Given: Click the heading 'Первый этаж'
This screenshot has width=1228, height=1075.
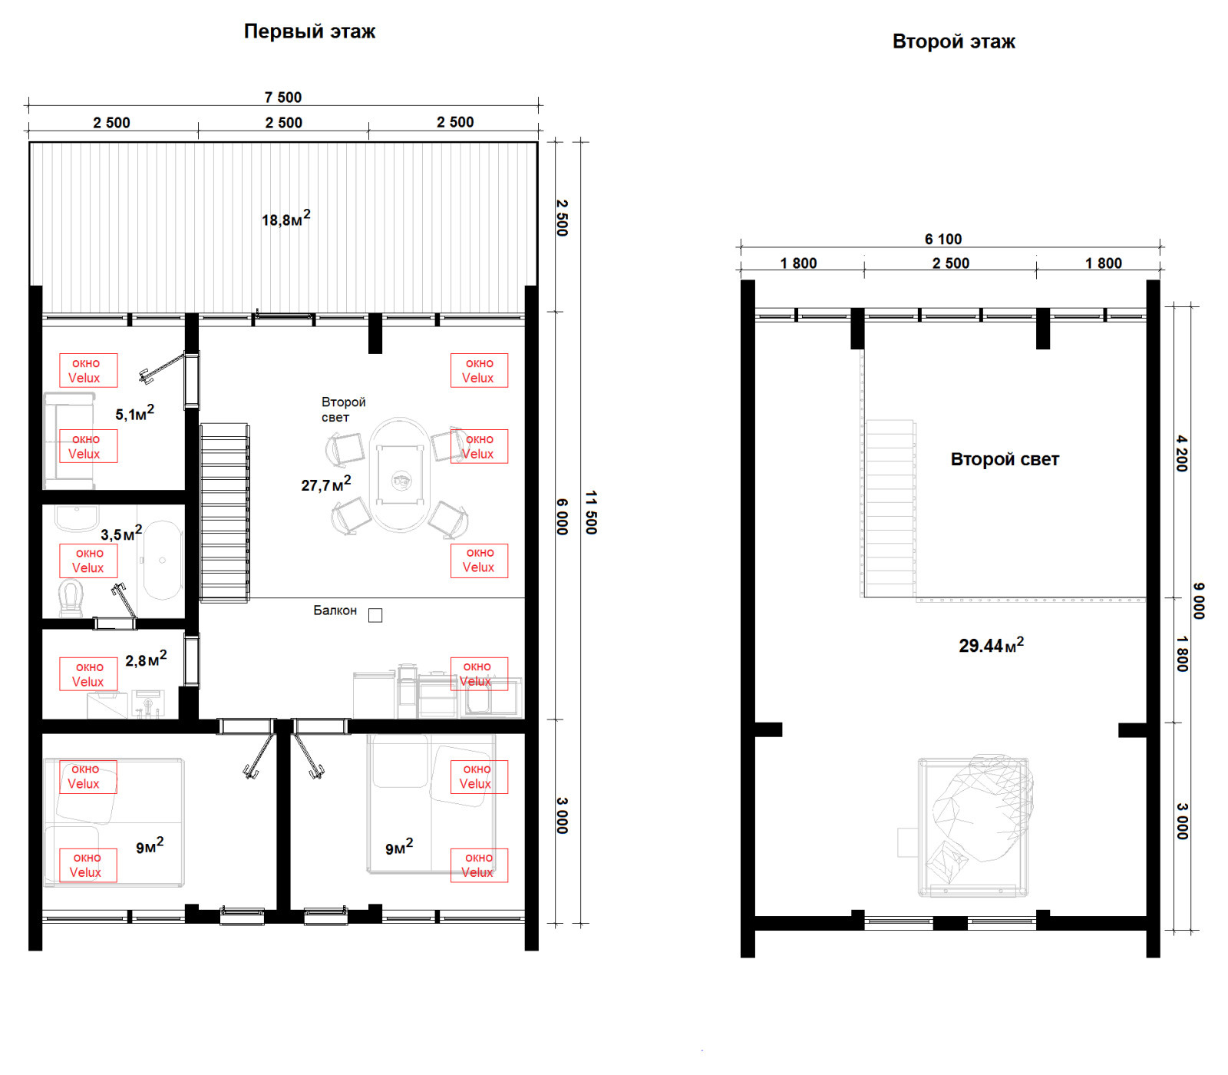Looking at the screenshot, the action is pyautogui.click(x=309, y=31).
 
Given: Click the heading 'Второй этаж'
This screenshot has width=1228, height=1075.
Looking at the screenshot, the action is pyautogui.click(x=953, y=41).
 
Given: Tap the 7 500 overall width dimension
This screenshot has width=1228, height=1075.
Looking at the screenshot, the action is pyautogui.click(x=283, y=98).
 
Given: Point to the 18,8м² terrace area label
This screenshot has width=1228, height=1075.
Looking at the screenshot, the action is pyautogui.click(x=286, y=219).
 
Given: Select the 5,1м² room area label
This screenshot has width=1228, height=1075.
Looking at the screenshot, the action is pyautogui.click(x=135, y=413).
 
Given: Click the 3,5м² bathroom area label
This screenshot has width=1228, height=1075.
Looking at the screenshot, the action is pyautogui.click(x=121, y=533).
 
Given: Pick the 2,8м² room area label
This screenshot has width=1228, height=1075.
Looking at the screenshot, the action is pyautogui.click(x=146, y=659).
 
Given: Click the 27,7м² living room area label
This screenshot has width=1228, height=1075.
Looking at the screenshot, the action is pyautogui.click(x=326, y=484).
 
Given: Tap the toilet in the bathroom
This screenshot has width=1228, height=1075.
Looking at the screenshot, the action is pyautogui.click(x=71, y=598).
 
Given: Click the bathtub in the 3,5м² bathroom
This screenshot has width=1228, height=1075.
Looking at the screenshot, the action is pyautogui.click(x=162, y=560).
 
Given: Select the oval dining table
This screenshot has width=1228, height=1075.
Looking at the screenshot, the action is pyautogui.click(x=400, y=475).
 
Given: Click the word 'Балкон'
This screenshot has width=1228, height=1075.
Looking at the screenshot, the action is pyautogui.click(x=335, y=610).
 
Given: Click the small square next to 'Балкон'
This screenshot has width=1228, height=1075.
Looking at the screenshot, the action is pyautogui.click(x=375, y=615).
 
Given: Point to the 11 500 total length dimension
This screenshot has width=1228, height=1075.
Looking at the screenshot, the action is pyautogui.click(x=591, y=512).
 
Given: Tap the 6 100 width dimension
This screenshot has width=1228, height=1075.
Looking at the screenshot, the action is pyautogui.click(x=943, y=240).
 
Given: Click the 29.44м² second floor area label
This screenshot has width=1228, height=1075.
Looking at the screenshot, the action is pyautogui.click(x=992, y=645).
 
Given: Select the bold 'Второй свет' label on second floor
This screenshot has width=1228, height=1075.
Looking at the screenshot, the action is pyautogui.click(x=1005, y=459).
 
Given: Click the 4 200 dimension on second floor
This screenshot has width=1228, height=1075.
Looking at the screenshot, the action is pyautogui.click(x=1182, y=453).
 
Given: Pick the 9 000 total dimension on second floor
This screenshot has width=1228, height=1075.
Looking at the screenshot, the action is pyautogui.click(x=1199, y=600).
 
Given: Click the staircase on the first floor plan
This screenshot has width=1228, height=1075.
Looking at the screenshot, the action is pyautogui.click(x=224, y=512).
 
